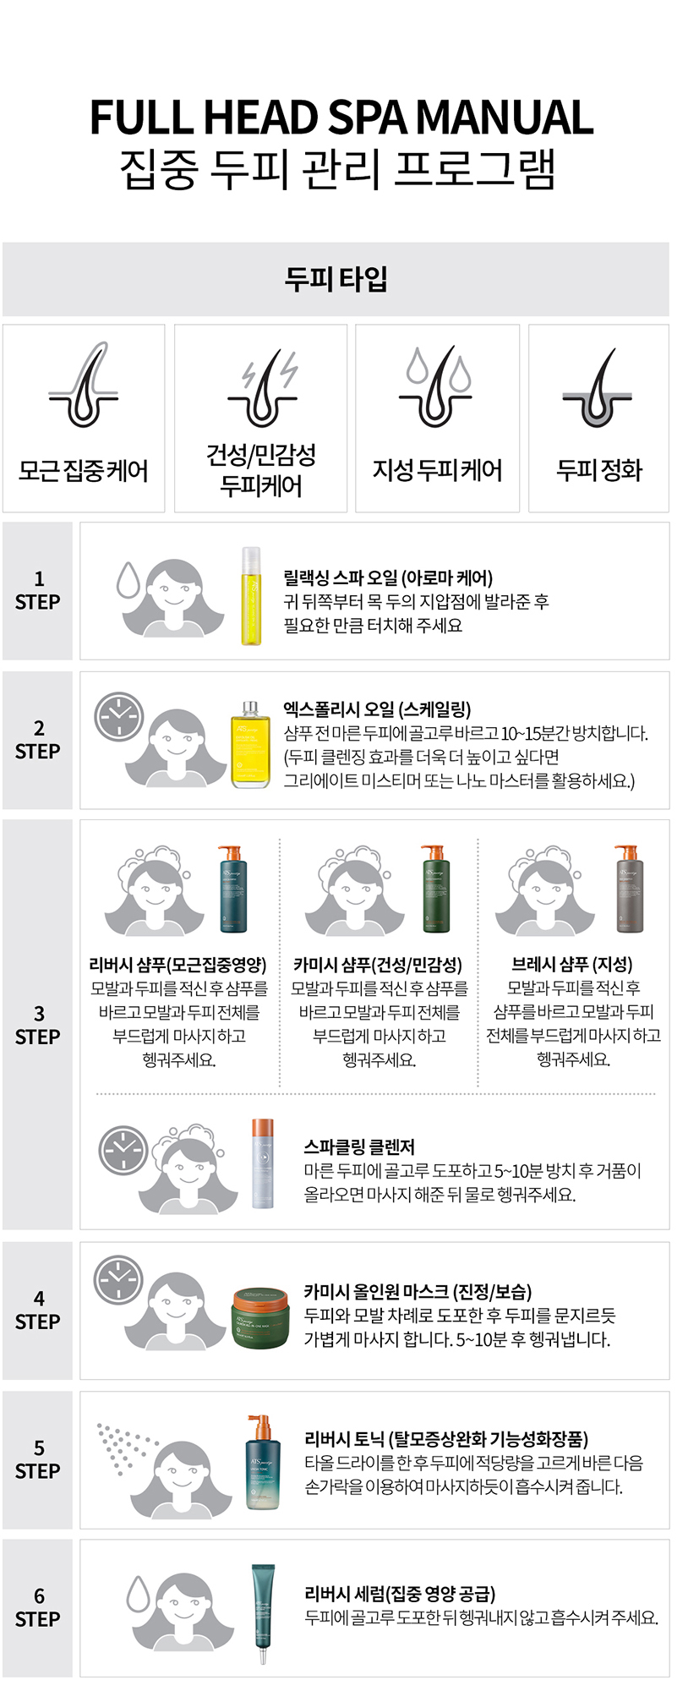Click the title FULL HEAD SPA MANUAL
coord(341,117)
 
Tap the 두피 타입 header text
coord(336,278)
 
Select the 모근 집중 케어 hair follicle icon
coord(83,386)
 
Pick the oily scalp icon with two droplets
coord(436,386)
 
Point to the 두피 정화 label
coord(599,470)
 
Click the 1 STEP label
coord(38,590)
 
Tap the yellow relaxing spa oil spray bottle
coord(251,596)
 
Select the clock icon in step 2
coord(118,717)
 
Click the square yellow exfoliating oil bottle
coord(250,744)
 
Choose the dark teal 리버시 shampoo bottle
coord(231,889)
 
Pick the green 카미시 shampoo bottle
coord(434,889)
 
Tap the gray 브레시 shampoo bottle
coord(629,889)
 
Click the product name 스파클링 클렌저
coord(359,1146)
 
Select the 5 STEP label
coord(38,1459)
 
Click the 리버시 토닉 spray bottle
coord(261,1462)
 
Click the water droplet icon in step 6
coord(138,1593)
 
